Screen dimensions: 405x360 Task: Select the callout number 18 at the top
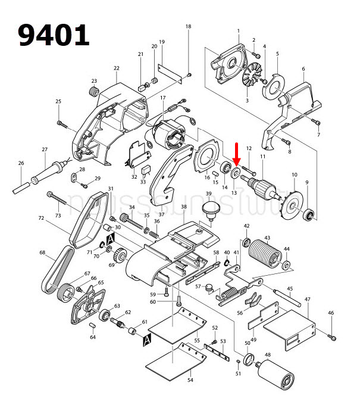tap(189, 27)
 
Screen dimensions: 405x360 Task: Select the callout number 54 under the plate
tap(190, 379)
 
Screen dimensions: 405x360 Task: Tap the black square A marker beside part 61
tap(146, 339)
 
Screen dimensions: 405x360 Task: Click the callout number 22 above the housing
tap(117, 68)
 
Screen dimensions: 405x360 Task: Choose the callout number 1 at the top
tap(239, 31)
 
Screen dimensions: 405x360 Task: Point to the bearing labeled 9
tap(309, 214)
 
